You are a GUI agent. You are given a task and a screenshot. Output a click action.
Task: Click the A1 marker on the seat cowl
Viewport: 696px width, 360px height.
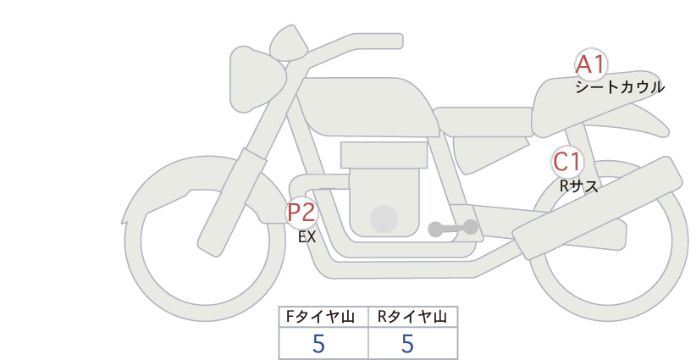coord(591,65)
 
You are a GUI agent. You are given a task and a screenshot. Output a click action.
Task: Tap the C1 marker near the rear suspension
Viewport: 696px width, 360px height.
coord(567,162)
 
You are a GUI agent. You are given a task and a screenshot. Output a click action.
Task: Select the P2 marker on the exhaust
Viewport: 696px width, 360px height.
coord(301,212)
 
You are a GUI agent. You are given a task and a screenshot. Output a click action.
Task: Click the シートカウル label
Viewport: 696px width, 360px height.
coord(620,87)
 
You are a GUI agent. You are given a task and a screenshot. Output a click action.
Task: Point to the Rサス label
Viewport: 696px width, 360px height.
coord(579,186)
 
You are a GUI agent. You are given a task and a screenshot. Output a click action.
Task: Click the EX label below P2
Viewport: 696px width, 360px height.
coord(307,237)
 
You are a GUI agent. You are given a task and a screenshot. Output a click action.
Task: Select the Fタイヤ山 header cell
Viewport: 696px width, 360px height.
coord(323,317)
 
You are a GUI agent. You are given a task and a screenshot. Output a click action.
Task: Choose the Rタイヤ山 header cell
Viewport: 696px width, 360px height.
coord(413,317)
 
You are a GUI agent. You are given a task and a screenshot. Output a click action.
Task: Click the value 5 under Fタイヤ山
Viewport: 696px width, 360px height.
coord(318,344)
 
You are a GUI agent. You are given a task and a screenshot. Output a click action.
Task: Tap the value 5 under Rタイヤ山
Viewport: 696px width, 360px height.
coord(407,344)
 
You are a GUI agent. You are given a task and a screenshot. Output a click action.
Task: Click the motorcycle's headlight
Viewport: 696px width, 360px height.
coord(257,79)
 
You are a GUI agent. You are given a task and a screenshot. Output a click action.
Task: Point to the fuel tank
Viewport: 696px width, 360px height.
coord(366,107)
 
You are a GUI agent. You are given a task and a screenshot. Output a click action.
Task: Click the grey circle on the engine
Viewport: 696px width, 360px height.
coord(384,219)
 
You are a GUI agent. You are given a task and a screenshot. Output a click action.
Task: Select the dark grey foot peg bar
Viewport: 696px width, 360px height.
coord(453,228)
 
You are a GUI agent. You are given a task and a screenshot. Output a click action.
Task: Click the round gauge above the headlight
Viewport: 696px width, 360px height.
coord(289,43)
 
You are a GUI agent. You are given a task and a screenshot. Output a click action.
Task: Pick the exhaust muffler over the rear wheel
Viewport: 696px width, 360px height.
coord(598,208)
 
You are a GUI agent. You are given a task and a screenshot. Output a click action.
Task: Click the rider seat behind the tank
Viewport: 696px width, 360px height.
coord(483,121)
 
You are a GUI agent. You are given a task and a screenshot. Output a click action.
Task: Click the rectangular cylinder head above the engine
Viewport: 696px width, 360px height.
coord(384,155)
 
